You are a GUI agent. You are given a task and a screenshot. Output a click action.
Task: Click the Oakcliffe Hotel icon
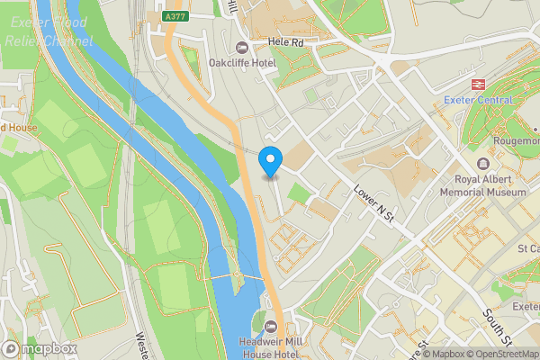pyautogui.click(x=240, y=48)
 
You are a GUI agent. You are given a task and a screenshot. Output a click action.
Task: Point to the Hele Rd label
pyautogui.click(x=288, y=42)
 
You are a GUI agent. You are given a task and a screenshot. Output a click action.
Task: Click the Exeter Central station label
pyautogui.click(x=478, y=100)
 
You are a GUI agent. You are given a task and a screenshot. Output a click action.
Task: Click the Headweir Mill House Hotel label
pyautogui.click(x=268, y=347)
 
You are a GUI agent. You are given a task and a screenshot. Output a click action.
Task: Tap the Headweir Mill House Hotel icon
pyautogui.click(x=268, y=325)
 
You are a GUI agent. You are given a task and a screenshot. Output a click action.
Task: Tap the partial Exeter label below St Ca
pyautogui.click(x=525, y=308)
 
